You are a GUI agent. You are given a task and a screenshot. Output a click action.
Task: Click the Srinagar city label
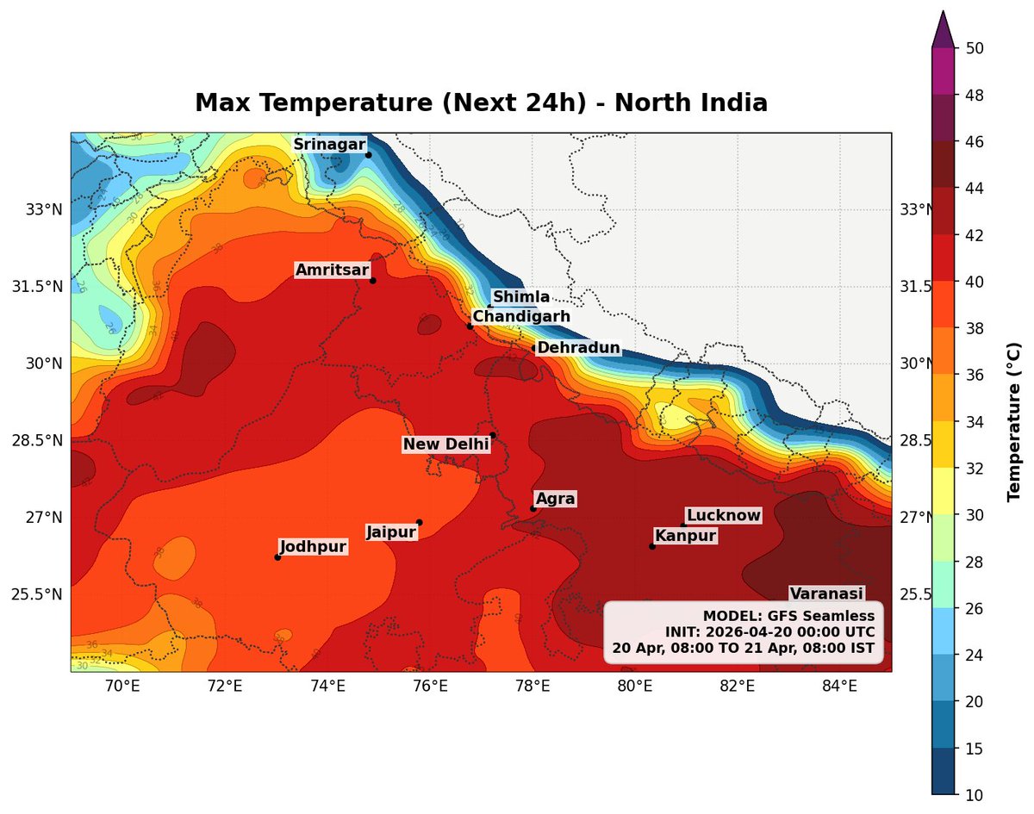pyautogui.click(x=329, y=145)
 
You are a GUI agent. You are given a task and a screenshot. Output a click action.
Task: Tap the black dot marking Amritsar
pyautogui.click(x=372, y=280)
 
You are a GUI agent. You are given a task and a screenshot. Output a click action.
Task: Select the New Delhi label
pyautogui.click(x=445, y=444)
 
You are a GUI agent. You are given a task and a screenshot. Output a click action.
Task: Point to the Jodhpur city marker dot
pyautogui.click(x=277, y=557)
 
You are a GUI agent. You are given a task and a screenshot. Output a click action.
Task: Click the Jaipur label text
pyautogui.click(x=391, y=532)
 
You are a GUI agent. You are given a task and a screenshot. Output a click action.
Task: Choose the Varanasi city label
pyautogui.click(x=826, y=593)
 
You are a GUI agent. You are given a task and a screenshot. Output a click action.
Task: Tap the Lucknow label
pyautogui.click(x=724, y=515)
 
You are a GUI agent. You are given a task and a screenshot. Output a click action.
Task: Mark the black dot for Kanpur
pyautogui.click(x=652, y=546)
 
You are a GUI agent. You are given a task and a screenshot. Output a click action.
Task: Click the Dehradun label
pyautogui.click(x=578, y=348)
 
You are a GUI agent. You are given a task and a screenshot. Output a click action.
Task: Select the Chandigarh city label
pyautogui.click(x=521, y=317)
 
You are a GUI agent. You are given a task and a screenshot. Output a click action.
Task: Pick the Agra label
pyautogui.click(x=555, y=499)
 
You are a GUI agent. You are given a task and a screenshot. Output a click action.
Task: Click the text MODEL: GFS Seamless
pyautogui.click(x=788, y=616)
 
